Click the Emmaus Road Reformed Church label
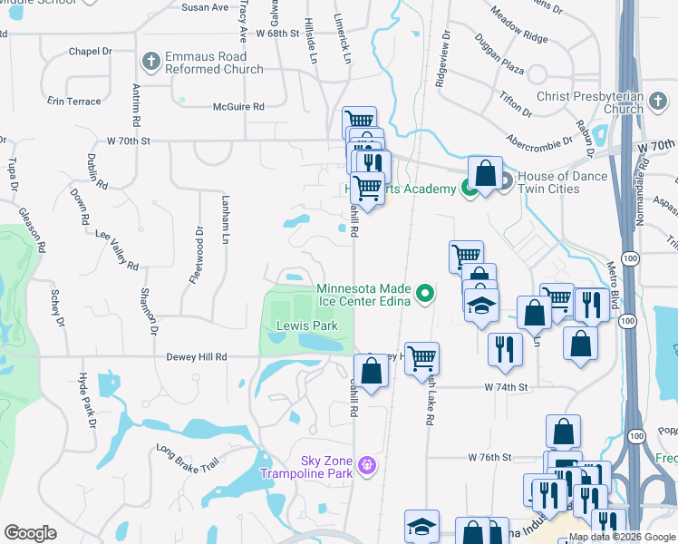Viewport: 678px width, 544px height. tap(214, 63)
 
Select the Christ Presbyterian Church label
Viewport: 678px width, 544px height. tap(588, 102)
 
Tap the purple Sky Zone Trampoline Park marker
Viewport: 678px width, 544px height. tap(366, 466)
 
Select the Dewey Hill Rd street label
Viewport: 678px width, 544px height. tap(196, 357)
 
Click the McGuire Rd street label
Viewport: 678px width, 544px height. tap(238, 107)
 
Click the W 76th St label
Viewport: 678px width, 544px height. tap(490, 458)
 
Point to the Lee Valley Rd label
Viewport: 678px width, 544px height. tap(118, 249)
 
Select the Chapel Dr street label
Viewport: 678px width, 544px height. tap(90, 52)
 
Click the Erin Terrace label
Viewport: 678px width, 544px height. tap(74, 102)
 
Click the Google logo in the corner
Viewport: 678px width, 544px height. tap(31, 533)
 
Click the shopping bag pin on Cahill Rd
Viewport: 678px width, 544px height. tap(371, 371)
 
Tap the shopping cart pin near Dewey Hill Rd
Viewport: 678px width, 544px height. tap(422, 359)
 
